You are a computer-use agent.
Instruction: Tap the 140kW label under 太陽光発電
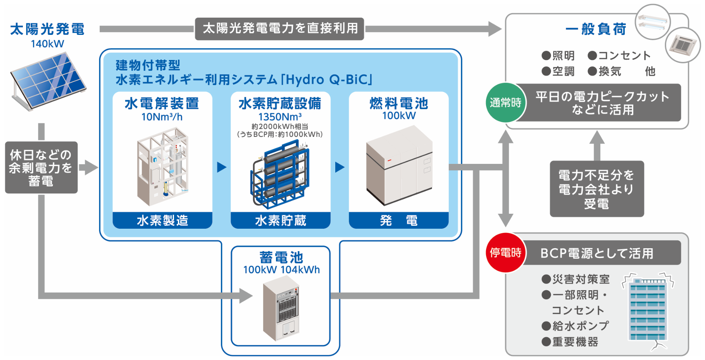[47, 44]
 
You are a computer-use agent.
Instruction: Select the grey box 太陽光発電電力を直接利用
[279, 28]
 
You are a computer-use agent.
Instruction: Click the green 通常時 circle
[505, 103]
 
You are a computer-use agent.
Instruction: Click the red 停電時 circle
[505, 253]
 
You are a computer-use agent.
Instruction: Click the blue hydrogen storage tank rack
[280, 174]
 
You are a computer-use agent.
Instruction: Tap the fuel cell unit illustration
[399, 165]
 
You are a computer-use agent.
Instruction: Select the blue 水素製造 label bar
[162, 220]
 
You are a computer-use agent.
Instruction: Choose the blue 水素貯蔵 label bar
[280, 220]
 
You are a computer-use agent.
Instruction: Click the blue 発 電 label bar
[399, 220]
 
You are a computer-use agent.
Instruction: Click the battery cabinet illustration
[281, 307]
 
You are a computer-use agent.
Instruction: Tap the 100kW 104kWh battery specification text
[281, 270]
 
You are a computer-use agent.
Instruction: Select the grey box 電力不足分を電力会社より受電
[597, 189]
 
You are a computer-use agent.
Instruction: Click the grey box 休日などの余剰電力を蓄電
[41, 168]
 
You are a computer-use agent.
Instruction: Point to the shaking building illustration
[648, 309]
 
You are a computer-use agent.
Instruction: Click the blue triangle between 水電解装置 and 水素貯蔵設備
[222, 167]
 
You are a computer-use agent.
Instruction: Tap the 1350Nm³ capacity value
[280, 117]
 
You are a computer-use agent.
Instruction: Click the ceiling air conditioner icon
[682, 45]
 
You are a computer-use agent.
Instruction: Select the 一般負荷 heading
[596, 29]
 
